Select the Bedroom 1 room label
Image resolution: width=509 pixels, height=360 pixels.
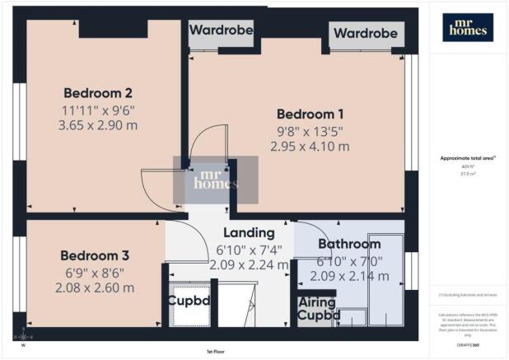tap(310, 114)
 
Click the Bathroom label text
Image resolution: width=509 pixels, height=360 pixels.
tap(348, 245)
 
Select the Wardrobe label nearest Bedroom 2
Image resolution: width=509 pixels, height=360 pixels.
tap(220, 30)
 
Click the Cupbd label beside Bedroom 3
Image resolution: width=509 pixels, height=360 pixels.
tap(189, 301)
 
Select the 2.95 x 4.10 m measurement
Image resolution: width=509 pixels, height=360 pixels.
tap(310, 146)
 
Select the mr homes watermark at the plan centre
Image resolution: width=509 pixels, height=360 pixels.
tap(214, 180)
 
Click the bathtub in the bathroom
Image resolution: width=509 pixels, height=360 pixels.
tap(386, 279)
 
